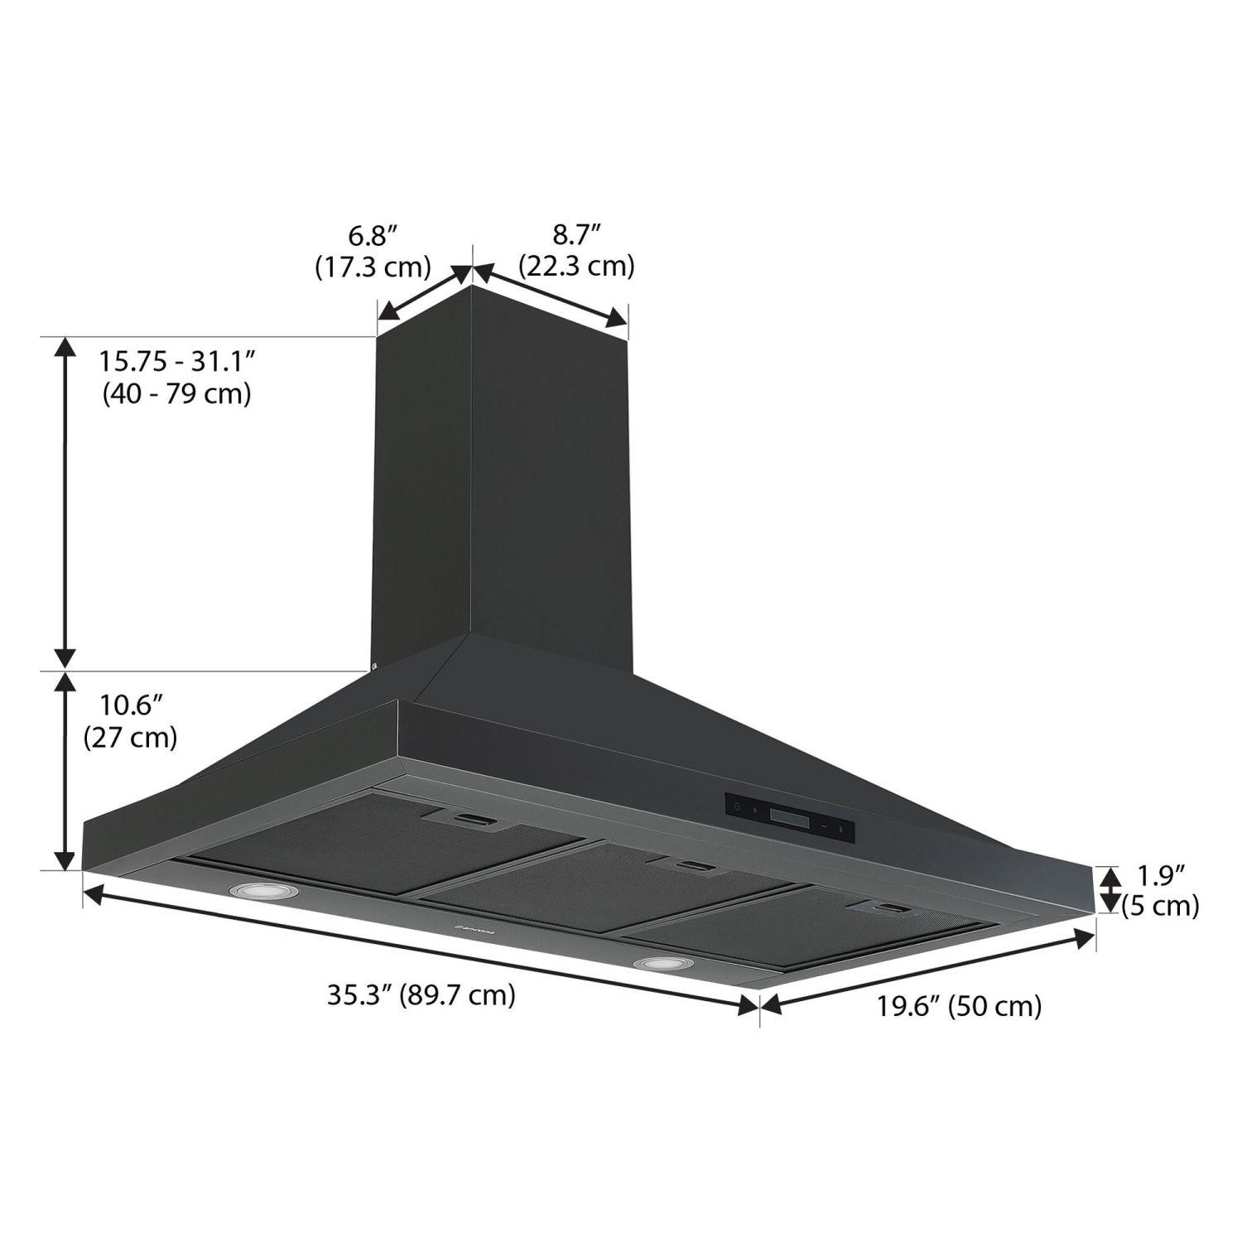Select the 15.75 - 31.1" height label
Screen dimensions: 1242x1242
point(176,362)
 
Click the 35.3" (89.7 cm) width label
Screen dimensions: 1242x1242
point(421,994)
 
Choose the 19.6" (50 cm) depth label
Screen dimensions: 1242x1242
point(959,1006)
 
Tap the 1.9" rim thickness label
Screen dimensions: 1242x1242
point(1161,875)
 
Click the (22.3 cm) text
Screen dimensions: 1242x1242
point(576,266)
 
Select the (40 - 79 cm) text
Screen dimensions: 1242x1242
point(176,393)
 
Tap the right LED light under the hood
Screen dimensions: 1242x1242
point(662,964)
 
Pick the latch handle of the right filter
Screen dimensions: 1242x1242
point(892,910)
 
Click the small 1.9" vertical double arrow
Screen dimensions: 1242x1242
point(1109,889)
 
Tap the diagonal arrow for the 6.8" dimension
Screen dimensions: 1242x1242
point(424,293)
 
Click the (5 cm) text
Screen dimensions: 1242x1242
point(1161,906)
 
